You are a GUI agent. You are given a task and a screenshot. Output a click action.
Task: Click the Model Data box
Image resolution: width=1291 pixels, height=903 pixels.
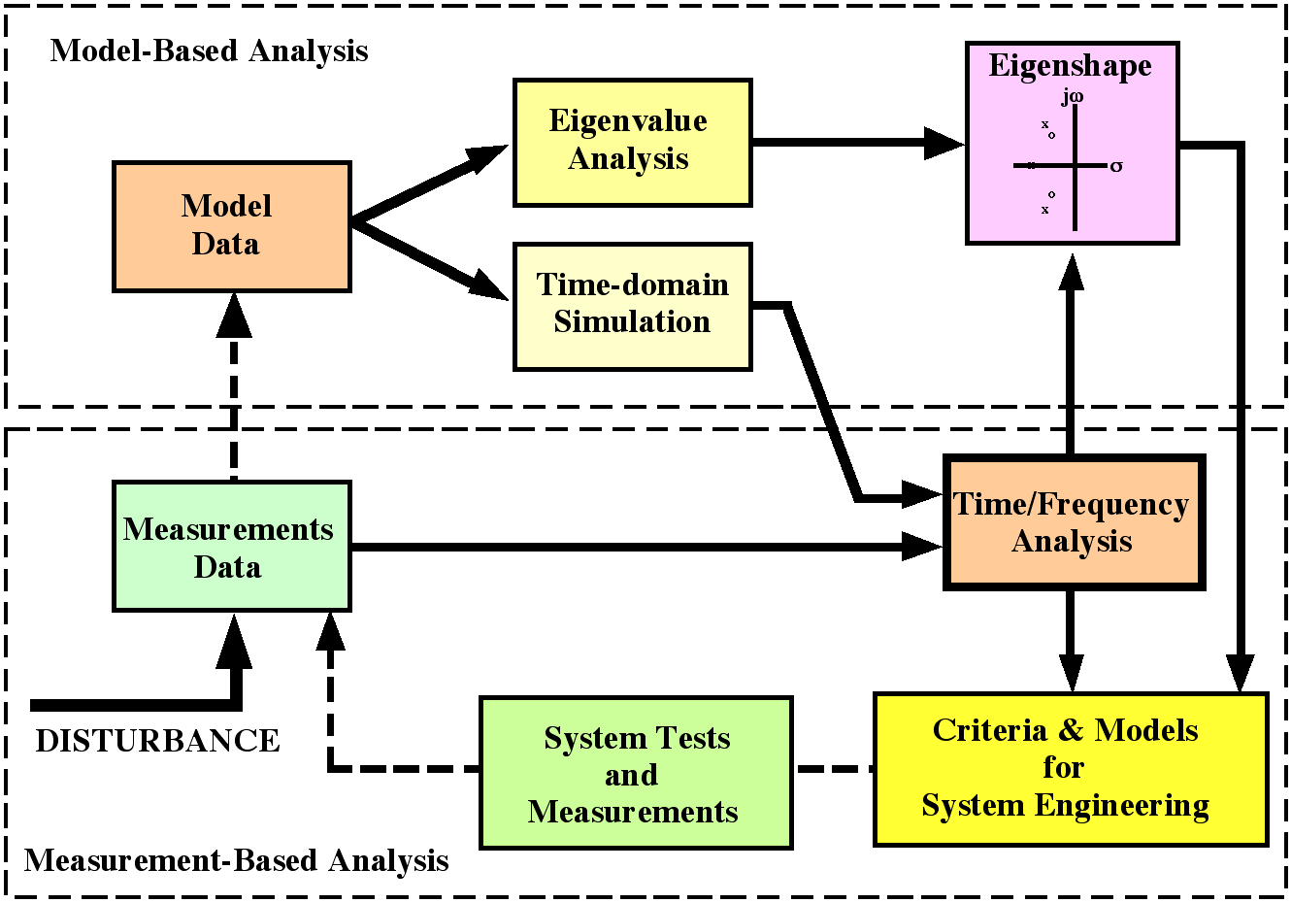(x=231, y=226)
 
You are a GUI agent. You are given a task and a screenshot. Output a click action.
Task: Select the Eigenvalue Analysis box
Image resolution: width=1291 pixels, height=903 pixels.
(x=632, y=142)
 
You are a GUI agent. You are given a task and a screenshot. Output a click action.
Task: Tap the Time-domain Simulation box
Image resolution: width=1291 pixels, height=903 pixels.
(x=632, y=306)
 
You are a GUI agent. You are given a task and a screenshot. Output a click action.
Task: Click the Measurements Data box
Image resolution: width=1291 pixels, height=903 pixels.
(x=231, y=546)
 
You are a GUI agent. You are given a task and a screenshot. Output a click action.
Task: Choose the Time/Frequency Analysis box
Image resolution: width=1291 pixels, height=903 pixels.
(x=1074, y=522)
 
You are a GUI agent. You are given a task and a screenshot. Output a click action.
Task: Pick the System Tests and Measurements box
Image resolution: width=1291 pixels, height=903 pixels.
(x=636, y=773)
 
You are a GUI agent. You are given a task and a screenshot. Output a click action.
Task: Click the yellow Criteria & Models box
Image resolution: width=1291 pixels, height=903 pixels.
(x=1071, y=768)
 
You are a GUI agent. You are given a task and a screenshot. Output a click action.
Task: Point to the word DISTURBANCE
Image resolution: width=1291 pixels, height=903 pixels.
(x=157, y=741)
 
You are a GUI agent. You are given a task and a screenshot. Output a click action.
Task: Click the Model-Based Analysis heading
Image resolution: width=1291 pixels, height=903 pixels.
(x=209, y=50)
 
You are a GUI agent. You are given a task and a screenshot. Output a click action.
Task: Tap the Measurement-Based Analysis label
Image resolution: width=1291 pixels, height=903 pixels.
(x=236, y=860)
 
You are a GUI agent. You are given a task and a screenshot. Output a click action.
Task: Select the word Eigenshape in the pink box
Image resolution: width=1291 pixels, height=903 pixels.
(x=1070, y=66)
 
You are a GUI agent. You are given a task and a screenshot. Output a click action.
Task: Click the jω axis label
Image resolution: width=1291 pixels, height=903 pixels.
(x=1072, y=96)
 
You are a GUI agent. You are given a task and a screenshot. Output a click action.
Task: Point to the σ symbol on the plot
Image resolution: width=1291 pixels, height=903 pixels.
(x=1116, y=166)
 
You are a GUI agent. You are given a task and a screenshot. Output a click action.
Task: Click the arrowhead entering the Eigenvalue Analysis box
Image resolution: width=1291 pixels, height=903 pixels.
(x=487, y=156)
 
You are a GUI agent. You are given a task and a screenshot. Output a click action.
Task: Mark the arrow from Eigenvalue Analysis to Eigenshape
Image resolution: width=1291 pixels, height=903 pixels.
(x=854, y=143)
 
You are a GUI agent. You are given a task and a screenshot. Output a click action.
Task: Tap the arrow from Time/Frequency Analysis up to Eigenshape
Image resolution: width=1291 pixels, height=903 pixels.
(x=1071, y=359)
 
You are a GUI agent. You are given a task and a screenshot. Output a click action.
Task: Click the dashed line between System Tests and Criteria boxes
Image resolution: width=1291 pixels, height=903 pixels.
(x=833, y=769)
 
